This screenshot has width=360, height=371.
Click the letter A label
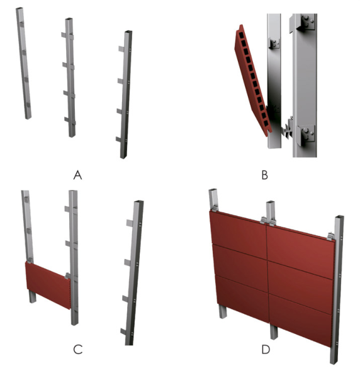pyautogui.click(x=77, y=175)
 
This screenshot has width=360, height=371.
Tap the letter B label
pyautogui.click(x=264, y=175)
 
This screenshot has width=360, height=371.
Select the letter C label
pyautogui.click(x=78, y=349)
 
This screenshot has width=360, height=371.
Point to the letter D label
pyautogui.click(x=266, y=350)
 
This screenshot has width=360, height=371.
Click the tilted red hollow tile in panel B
pyautogui.click(x=252, y=80)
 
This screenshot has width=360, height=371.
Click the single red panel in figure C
pyautogui.click(x=48, y=285)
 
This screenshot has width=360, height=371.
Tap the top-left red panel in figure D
pyautogui.click(x=238, y=235)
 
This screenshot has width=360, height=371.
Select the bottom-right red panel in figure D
pyautogui.click(x=300, y=320)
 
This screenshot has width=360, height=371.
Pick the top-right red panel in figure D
pyautogui.click(x=301, y=252)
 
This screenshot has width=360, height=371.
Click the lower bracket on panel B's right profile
pyautogui.click(x=306, y=135)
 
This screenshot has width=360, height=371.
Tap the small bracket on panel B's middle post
pyautogui.click(x=274, y=43)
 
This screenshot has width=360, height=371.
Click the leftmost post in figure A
pyautogui.click(x=23, y=63)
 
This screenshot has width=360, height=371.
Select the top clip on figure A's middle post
pyautogui.click(x=67, y=35)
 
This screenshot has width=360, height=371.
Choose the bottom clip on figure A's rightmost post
pyautogui.click(x=119, y=140)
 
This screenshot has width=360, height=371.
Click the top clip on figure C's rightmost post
pyautogui.click(x=130, y=223)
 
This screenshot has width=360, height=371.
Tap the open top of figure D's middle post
pyautogui.click(x=270, y=202)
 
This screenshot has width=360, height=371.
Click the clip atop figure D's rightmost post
pyautogui.click(x=330, y=236)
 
